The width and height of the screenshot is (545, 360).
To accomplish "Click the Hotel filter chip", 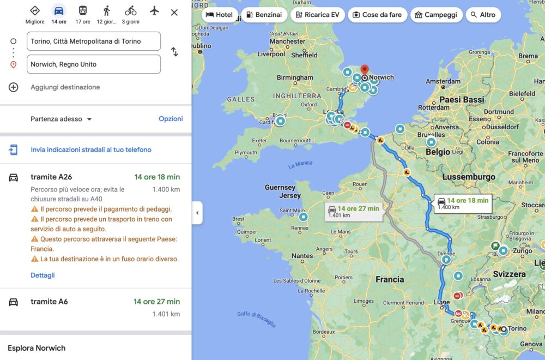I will [220, 15].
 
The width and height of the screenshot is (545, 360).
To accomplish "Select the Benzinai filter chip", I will [264, 15].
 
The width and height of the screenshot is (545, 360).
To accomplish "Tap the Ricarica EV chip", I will [318, 15].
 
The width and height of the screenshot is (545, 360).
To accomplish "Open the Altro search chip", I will [483, 15].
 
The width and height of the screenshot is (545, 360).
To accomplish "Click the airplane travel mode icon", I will [154, 10].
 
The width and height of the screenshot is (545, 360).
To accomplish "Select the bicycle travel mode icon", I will [130, 10].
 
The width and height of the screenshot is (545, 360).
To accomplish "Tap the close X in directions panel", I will [174, 12].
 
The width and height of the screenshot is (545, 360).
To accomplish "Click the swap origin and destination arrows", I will [174, 52].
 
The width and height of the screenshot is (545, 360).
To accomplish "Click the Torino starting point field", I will [93, 41].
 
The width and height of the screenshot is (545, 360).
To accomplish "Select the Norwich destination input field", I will [93, 64].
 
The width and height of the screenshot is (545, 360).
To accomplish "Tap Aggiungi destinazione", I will [65, 87].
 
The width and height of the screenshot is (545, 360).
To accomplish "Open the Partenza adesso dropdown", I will [61, 119].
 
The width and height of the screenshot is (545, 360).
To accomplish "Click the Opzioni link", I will [171, 119].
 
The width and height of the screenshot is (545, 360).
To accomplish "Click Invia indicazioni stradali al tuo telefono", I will [91, 149].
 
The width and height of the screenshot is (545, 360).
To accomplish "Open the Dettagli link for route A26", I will [43, 275].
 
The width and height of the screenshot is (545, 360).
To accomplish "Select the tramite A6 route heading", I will [49, 302].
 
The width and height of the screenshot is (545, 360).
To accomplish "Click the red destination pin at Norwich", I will [365, 71].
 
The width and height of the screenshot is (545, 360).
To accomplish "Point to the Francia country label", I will [390, 279].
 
